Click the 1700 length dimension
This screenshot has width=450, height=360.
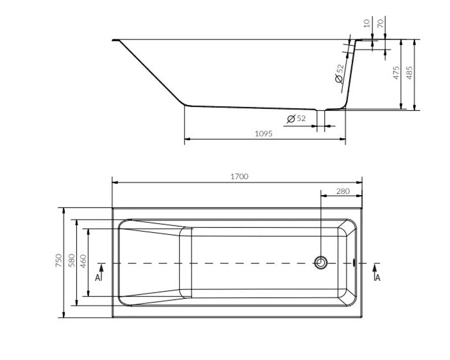point(239,176)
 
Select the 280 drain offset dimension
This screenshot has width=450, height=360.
point(343,191)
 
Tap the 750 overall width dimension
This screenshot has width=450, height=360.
point(58,261)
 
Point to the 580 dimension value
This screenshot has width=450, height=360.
point(71,261)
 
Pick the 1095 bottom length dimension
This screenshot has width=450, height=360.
point(263,134)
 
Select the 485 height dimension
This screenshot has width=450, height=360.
point(409,73)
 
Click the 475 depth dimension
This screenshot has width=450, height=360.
point(396,73)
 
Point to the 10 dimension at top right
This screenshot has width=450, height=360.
point(367,22)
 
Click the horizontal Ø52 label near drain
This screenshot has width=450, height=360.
point(296,119)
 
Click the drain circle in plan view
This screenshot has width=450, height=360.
point(320,262)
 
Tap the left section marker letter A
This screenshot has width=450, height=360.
point(98,278)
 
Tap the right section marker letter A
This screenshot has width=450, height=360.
point(378,278)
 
